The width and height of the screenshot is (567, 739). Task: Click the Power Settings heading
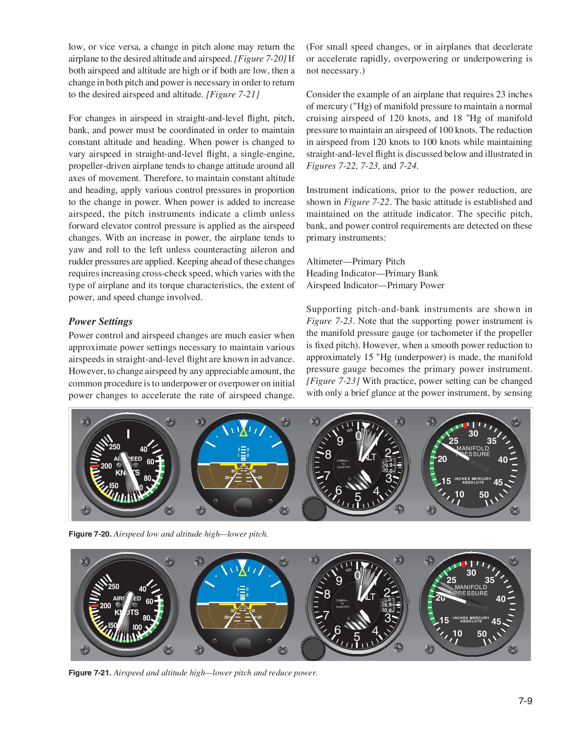tap(101, 321)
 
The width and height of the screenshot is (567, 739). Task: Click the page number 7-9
tap(525, 701)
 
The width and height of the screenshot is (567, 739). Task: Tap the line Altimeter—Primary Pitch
tap(356, 262)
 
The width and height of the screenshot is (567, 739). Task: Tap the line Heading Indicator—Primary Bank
tap(372, 273)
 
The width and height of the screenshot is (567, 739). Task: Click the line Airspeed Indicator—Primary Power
tap(375, 285)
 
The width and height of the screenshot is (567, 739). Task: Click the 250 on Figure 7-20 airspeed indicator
tap(115, 447)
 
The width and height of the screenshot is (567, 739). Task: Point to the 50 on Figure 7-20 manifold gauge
tap(484, 494)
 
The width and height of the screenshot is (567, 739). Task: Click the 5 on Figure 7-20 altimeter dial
tap(358, 497)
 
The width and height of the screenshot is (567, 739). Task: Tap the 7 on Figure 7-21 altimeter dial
tap(326, 615)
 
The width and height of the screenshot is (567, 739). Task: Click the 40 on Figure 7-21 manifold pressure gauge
tap(500, 599)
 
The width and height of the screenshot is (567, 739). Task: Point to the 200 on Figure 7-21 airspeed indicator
tap(106, 606)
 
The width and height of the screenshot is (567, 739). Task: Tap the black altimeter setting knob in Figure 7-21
tap(312, 648)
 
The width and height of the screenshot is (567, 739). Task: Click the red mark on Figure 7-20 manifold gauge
tap(465, 425)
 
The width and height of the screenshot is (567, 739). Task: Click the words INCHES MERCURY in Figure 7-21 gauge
tap(471, 617)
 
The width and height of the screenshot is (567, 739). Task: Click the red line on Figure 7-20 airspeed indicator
tap(94, 466)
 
